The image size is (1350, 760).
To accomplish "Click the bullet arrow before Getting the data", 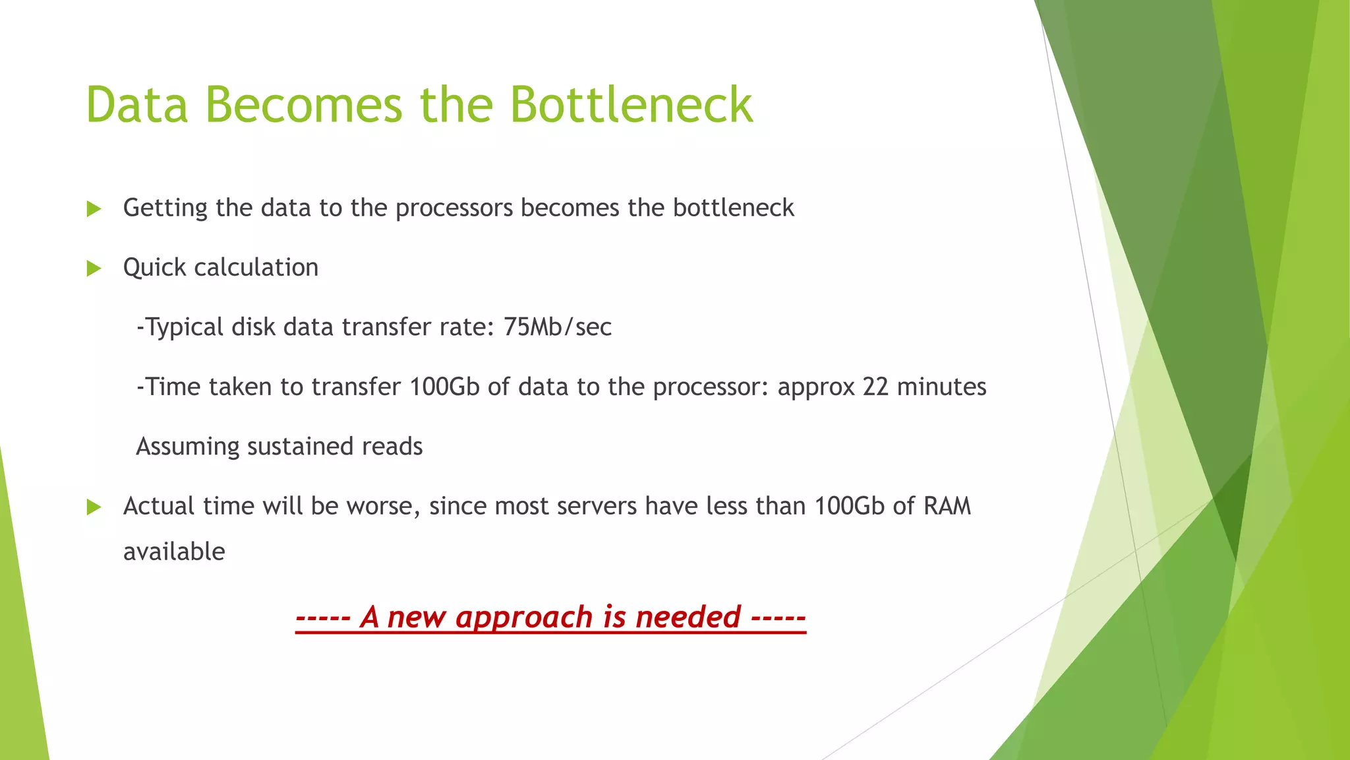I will click(94, 209).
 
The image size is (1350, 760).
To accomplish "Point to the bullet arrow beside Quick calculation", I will click(94, 269).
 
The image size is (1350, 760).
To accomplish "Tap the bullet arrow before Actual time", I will click(94, 507).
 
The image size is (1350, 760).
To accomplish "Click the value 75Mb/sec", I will click(558, 327).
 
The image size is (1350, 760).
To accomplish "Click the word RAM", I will click(947, 506).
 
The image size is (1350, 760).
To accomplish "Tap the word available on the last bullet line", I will click(174, 552).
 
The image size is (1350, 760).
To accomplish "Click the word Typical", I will click(184, 327).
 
